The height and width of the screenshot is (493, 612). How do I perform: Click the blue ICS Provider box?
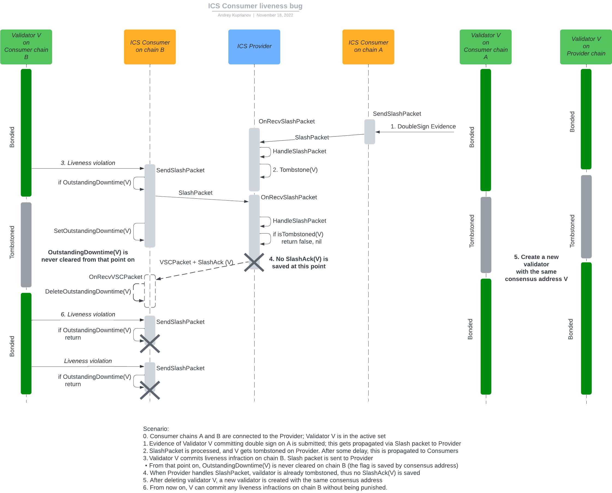(x=254, y=47)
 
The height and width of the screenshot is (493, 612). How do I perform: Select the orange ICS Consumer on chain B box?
(x=150, y=47)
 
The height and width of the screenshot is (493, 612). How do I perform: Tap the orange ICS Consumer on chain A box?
(x=368, y=47)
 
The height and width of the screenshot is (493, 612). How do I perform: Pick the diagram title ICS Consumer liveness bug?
(x=255, y=6)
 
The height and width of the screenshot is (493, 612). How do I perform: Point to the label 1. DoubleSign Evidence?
(x=423, y=126)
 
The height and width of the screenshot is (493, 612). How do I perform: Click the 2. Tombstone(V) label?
(x=295, y=170)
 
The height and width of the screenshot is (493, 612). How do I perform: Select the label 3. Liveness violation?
(x=88, y=163)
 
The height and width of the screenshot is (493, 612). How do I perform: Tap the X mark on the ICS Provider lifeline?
(x=254, y=262)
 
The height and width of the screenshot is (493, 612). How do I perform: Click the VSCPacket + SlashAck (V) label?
(x=196, y=262)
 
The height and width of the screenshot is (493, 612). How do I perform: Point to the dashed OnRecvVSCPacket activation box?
(x=150, y=291)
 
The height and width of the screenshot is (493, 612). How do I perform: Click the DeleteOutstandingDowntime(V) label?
(x=88, y=291)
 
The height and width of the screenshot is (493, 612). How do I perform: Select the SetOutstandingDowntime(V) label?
(x=92, y=231)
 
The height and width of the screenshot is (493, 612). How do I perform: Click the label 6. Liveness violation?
(x=88, y=314)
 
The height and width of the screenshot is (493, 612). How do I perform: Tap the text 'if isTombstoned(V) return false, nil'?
(x=298, y=238)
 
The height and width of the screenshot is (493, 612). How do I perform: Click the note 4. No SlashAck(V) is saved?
(x=298, y=262)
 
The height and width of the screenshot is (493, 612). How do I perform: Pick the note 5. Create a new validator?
(x=536, y=268)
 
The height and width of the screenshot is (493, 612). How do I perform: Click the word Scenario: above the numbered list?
(x=156, y=428)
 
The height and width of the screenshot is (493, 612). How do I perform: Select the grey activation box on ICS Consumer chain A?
(x=369, y=131)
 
